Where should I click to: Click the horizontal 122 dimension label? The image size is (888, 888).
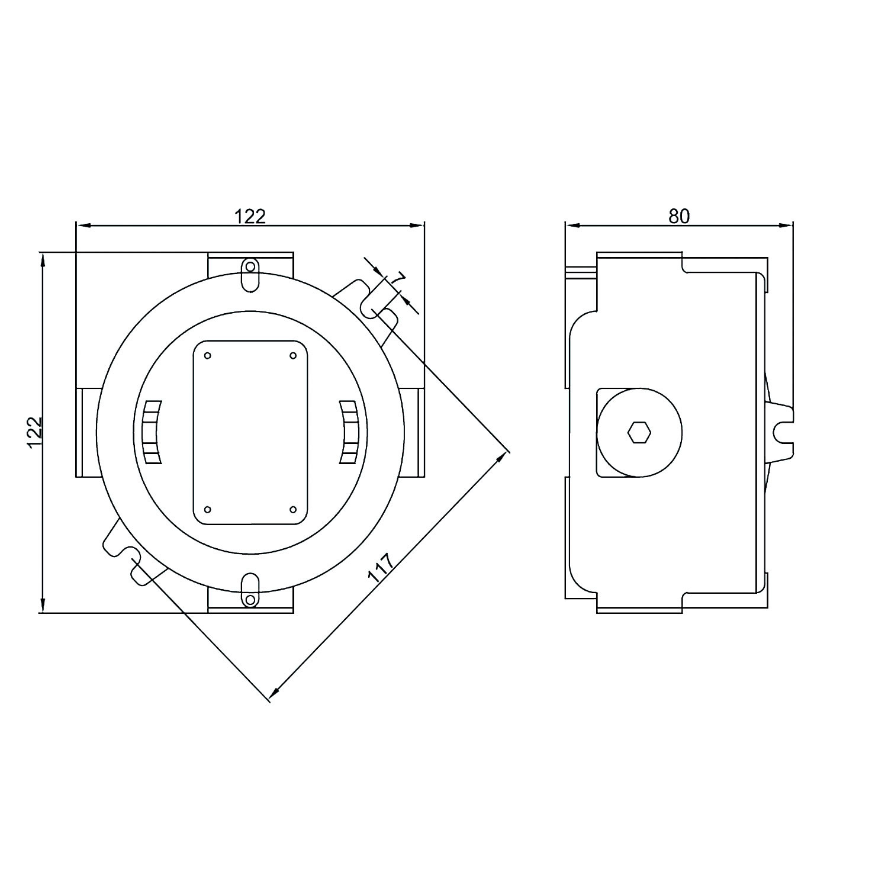(250, 216)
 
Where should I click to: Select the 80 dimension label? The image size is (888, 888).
(679, 217)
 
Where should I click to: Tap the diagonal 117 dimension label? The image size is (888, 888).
(380, 568)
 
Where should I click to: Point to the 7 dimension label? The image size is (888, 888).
(400, 278)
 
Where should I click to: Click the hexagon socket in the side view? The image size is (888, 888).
(639, 432)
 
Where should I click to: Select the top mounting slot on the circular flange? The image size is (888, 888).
(250, 275)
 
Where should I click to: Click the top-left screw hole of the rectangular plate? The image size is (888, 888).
(208, 355)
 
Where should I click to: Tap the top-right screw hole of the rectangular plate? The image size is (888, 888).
(292, 355)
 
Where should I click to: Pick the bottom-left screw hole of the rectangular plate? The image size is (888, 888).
(208, 509)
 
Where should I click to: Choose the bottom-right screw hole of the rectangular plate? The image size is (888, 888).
(292, 509)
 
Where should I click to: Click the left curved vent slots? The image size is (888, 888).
(152, 432)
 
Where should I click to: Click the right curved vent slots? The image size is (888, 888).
(349, 432)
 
